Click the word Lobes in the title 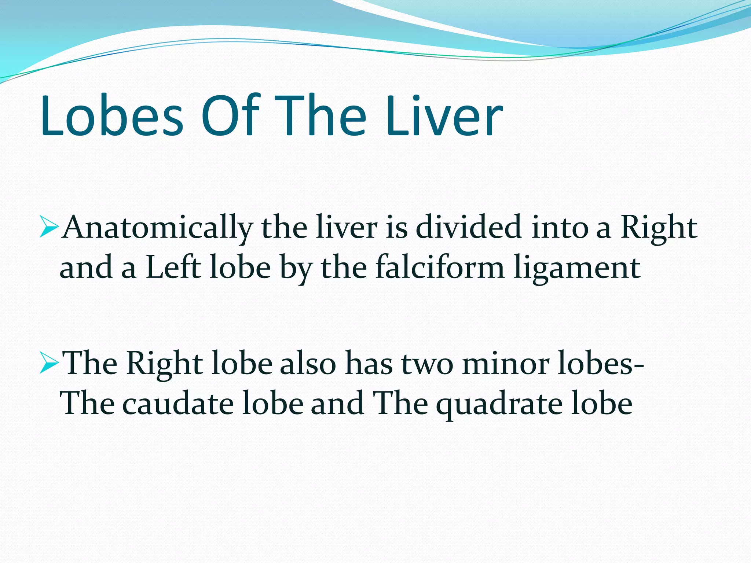(x=112, y=115)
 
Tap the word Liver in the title (x=444, y=115)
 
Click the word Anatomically (x=158, y=228)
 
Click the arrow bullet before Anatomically (x=49, y=228)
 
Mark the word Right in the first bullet (x=659, y=228)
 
